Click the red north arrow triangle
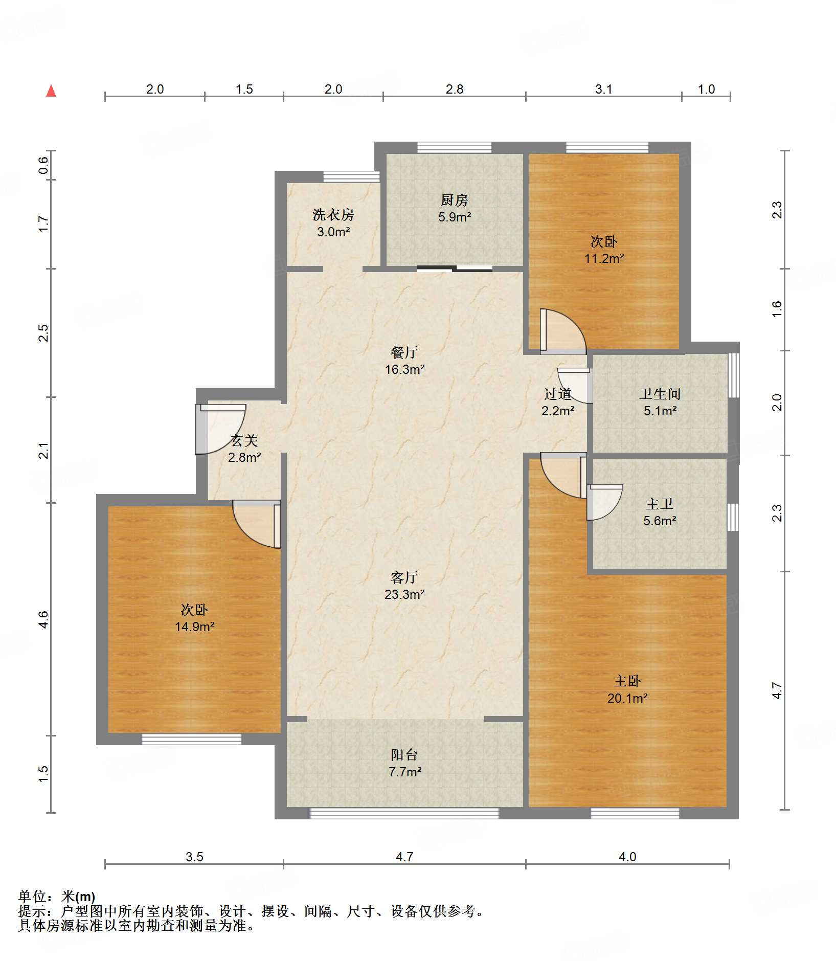pyautogui.click(x=51, y=91)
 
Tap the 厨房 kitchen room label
pyautogui.click(x=454, y=200)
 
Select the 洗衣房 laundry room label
pyautogui.click(x=333, y=215)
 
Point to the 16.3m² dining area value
pyautogui.click(x=404, y=369)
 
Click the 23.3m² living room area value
pyautogui.click(x=404, y=594)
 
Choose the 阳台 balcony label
pyautogui.click(x=404, y=754)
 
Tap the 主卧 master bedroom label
pyautogui.click(x=627, y=681)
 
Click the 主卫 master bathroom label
pyautogui.click(x=660, y=504)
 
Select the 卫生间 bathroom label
pyautogui.click(x=660, y=394)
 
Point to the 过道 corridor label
pyautogui.click(x=558, y=394)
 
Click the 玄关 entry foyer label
pyautogui.click(x=244, y=440)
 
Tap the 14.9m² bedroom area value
pyautogui.click(x=194, y=627)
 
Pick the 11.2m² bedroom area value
pyautogui.click(x=604, y=258)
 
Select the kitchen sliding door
pyautogui.click(x=455, y=269)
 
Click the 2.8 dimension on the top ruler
pyautogui.click(x=454, y=89)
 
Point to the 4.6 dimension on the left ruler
pyautogui.click(x=44, y=619)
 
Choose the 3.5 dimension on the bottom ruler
pyautogui.click(x=194, y=857)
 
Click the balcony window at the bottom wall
pyautogui.click(x=404, y=813)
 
